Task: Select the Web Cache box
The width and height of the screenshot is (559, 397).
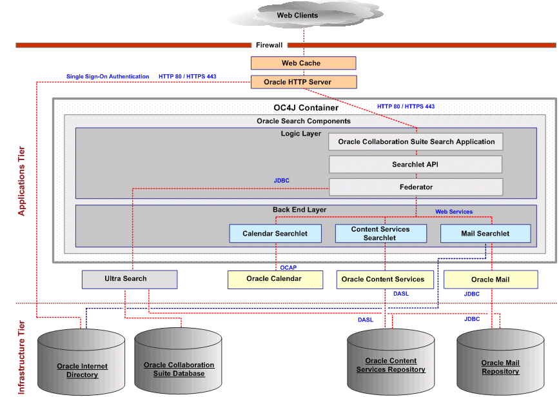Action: click(303, 63)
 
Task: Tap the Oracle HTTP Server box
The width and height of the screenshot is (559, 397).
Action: click(303, 82)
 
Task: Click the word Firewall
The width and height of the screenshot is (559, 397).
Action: click(269, 45)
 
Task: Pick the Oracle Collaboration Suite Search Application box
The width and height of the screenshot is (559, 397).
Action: click(416, 141)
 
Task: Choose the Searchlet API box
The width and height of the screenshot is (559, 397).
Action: click(416, 165)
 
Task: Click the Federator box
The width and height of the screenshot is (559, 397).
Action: click(416, 187)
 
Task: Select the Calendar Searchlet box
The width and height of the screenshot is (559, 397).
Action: click(275, 233)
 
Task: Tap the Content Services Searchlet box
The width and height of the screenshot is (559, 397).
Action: click(380, 233)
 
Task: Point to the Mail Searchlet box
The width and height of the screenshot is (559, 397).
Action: click(485, 233)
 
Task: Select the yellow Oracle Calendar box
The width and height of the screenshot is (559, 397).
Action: click(274, 279)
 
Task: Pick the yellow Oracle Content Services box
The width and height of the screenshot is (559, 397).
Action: click(383, 279)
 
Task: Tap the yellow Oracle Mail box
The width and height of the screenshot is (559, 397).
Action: click(490, 279)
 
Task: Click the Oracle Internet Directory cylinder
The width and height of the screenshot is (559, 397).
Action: click(82, 361)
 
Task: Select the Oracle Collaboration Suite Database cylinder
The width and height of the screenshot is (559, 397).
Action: click(179, 361)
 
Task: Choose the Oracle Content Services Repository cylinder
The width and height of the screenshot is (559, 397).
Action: click(391, 361)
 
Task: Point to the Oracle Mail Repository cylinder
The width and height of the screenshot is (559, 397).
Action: click(500, 361)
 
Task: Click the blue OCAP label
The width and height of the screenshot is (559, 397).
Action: click(288, 267)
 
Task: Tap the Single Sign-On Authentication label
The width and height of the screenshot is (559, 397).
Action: click(108, 76)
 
